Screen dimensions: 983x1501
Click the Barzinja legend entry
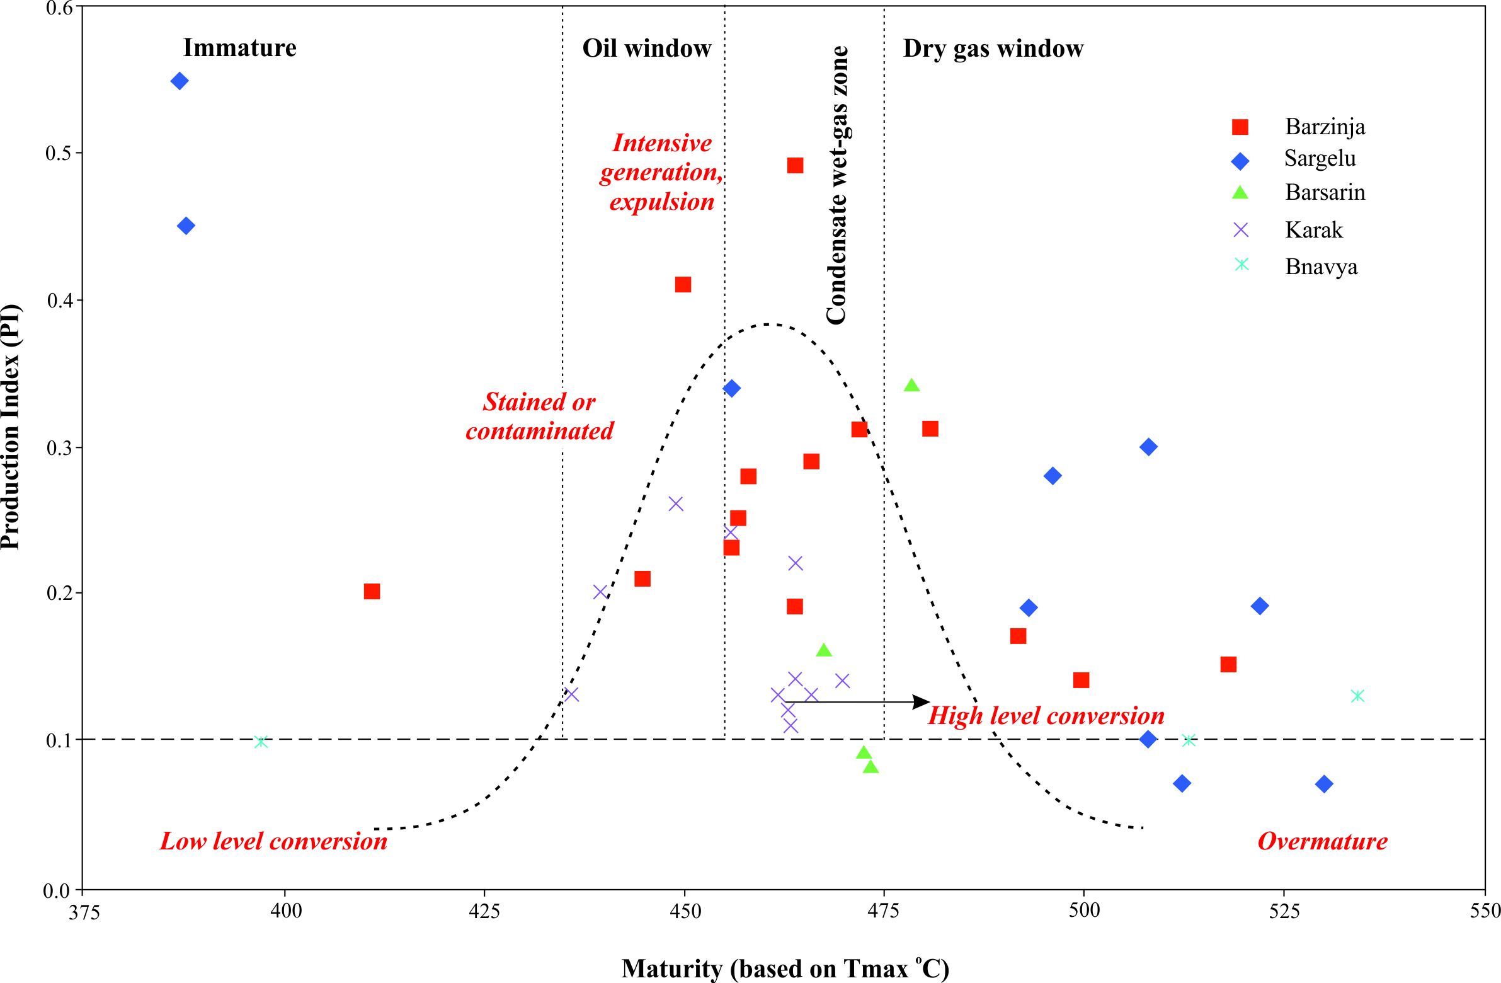1324,127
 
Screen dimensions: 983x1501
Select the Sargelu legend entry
1320,158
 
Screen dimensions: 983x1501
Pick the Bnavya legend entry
1321,267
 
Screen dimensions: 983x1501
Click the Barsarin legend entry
1325,192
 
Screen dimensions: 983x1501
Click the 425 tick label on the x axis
484,911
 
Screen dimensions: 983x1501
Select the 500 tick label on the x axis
1084,911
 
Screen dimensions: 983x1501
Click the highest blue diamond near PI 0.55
180,81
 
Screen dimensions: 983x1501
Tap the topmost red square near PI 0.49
796,166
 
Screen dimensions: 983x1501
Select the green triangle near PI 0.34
911,386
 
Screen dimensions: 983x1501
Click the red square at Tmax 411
372,591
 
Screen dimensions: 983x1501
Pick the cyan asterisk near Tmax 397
261,742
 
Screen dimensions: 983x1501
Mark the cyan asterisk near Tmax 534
1358,696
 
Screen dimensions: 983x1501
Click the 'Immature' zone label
239,48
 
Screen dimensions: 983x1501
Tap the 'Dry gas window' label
993,49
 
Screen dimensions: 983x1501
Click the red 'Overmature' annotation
1323,841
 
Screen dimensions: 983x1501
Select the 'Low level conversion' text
273,841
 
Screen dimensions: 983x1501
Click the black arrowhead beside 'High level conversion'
922,701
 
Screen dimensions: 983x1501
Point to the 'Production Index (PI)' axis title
11,427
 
